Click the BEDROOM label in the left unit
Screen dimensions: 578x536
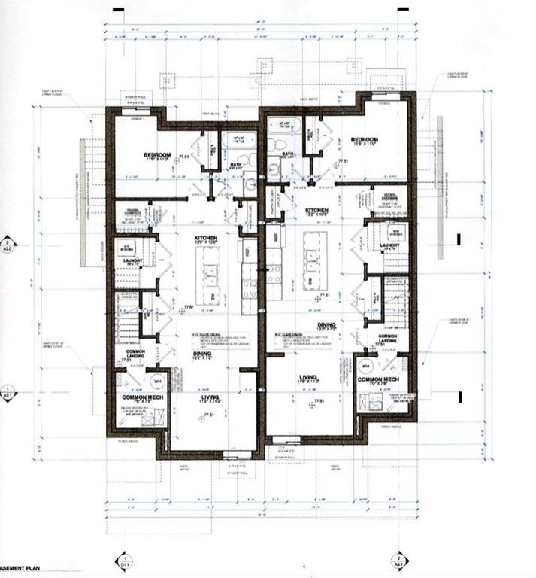point(159,156)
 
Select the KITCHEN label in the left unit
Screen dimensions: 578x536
point(206,238)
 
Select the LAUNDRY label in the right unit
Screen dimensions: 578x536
point(389,245)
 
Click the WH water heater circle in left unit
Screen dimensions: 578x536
point(157,381)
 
